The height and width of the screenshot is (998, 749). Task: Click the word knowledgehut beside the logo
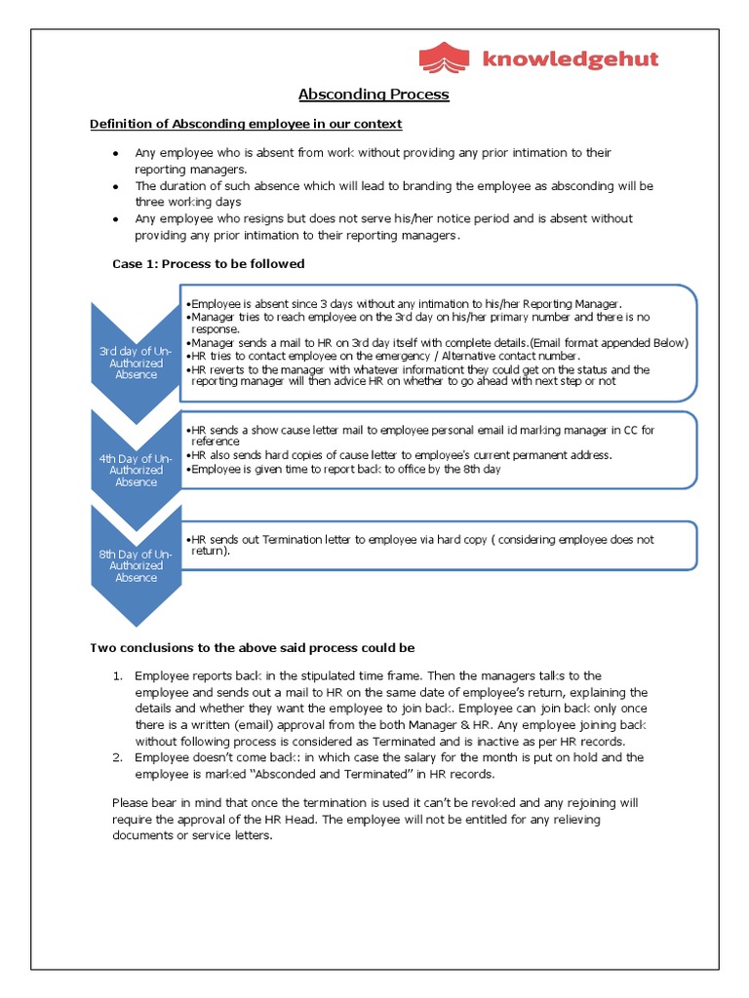[570, 59]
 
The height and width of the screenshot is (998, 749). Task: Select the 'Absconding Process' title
[374, 95]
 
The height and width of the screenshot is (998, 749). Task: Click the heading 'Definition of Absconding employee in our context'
[246, 124]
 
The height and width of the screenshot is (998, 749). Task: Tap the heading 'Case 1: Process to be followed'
[209, 264]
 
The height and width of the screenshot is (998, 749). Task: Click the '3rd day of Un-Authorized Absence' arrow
[136, 362]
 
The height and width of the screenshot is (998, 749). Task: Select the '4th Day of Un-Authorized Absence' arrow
[136, 469]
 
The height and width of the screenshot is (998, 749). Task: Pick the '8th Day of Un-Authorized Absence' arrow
[136, 565]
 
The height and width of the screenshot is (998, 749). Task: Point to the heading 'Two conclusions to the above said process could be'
[253, 648]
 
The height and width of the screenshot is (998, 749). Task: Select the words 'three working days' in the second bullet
[188, 202]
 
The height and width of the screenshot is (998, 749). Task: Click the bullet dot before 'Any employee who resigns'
[116, 219]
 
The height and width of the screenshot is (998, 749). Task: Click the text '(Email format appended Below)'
[610, 343]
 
